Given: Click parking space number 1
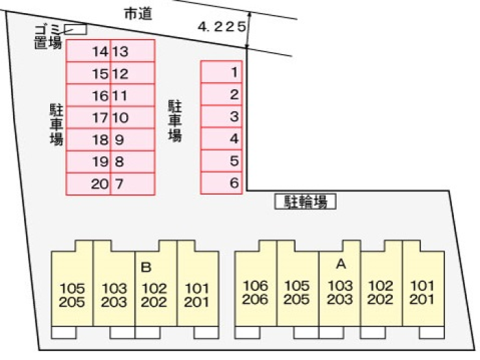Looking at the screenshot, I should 223,72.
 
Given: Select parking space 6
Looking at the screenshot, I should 223,183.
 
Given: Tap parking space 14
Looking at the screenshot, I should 88,51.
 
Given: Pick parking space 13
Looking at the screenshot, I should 132,51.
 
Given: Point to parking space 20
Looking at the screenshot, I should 88,184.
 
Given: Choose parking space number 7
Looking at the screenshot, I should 132,184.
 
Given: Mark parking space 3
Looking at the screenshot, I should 223,117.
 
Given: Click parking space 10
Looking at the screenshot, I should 132,118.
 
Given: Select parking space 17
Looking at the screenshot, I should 88,118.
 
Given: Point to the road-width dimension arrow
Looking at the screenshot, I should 248,30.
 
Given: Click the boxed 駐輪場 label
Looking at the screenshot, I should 306,202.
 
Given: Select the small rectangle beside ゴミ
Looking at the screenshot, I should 76,29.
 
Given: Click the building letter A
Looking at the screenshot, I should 340,263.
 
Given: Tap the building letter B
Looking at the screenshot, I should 145,267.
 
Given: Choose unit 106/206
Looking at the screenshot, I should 256,291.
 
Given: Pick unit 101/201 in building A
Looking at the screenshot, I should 423,291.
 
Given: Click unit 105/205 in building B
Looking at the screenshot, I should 72,295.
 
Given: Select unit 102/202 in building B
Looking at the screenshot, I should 156,295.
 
